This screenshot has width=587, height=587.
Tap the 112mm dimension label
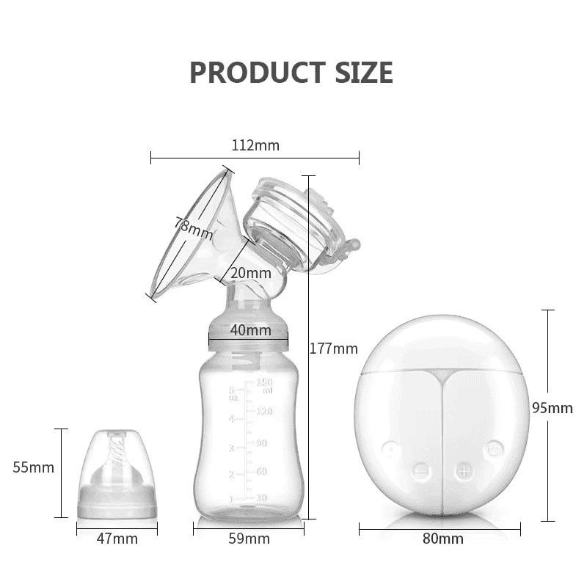[255, 145]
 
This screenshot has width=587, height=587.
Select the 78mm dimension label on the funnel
[194, 228]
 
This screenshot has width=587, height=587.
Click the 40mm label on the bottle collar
[250, 330]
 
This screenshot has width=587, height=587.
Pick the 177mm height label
[333, 349]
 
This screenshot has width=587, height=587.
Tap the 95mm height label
[552, 408]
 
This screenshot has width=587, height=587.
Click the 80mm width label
[442, 539]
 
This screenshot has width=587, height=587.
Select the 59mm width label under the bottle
[249, 539]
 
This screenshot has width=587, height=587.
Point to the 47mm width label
[117, 539]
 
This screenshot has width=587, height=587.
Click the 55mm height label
[34, 467]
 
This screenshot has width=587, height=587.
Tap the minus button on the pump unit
[420, 470]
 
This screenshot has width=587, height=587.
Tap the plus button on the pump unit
[464, 470]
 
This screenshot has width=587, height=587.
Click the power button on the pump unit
[495, 448]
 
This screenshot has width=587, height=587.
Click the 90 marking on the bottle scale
[261, 443]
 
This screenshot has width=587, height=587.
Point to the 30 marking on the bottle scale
[261, 498]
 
